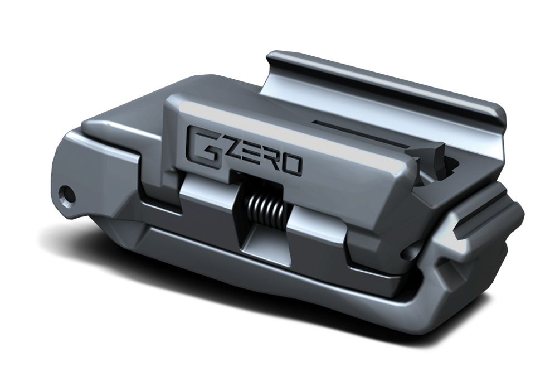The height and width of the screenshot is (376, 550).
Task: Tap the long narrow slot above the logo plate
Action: tap(345, 126)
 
